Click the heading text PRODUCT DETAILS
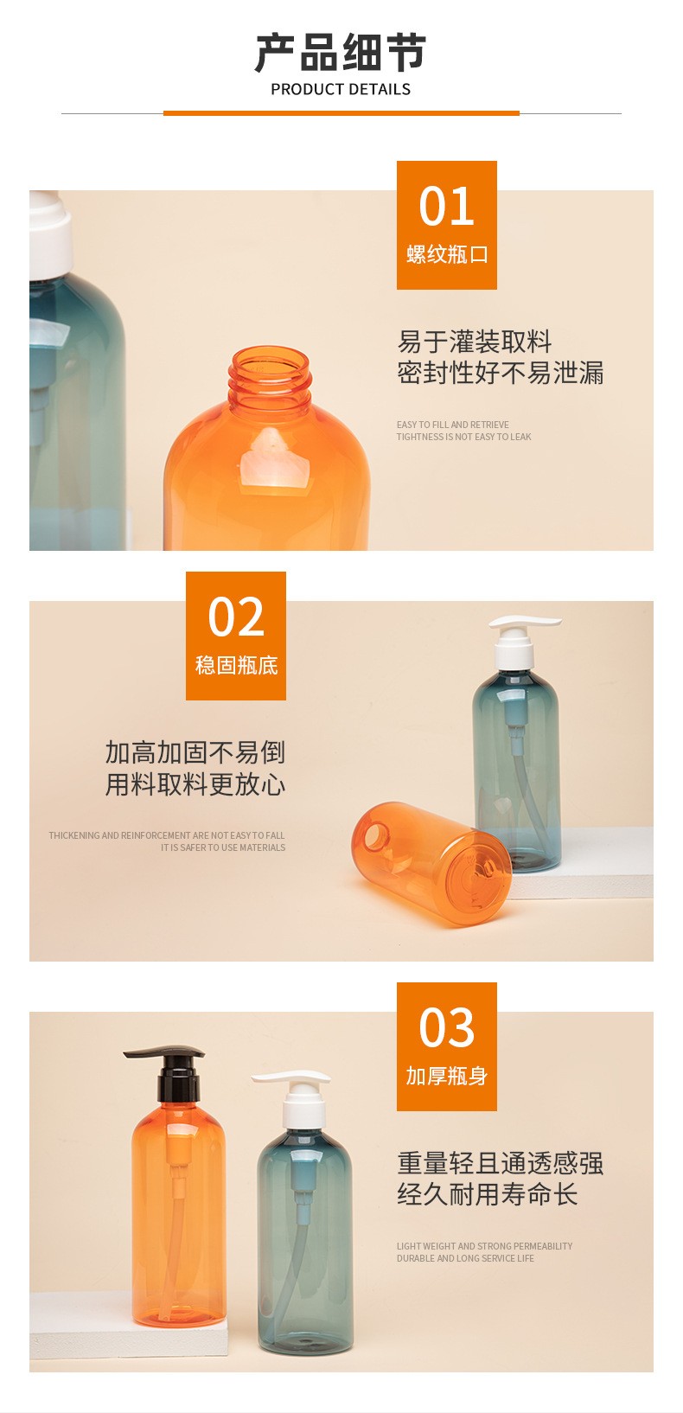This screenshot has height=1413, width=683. tap(341, 89)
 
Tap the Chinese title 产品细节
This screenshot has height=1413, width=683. tap(341, 53)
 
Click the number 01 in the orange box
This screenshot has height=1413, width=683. tap(446, 207)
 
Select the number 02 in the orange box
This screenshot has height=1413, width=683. tap(236, 617)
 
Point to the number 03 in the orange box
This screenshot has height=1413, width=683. tap(446, 1027)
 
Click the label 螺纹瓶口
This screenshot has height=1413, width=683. tap(446, 254)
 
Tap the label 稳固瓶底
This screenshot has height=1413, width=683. tap(236, 665)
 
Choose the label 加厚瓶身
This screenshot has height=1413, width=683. tap(446, 1076)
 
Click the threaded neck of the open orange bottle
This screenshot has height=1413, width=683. tap(270, 377)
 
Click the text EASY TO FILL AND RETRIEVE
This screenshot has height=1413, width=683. tap(452, 425)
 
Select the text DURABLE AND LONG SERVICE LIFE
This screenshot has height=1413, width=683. tap(465, 1258)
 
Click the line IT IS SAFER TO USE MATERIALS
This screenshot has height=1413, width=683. tap(222, 847)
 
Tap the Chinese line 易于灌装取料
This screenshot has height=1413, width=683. tap(475, 342)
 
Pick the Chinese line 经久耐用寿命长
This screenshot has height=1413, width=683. tap(487, 1193)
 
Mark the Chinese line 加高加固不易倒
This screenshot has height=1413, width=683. tap(195, 752)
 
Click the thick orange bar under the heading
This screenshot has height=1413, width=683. tap(341, 113)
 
